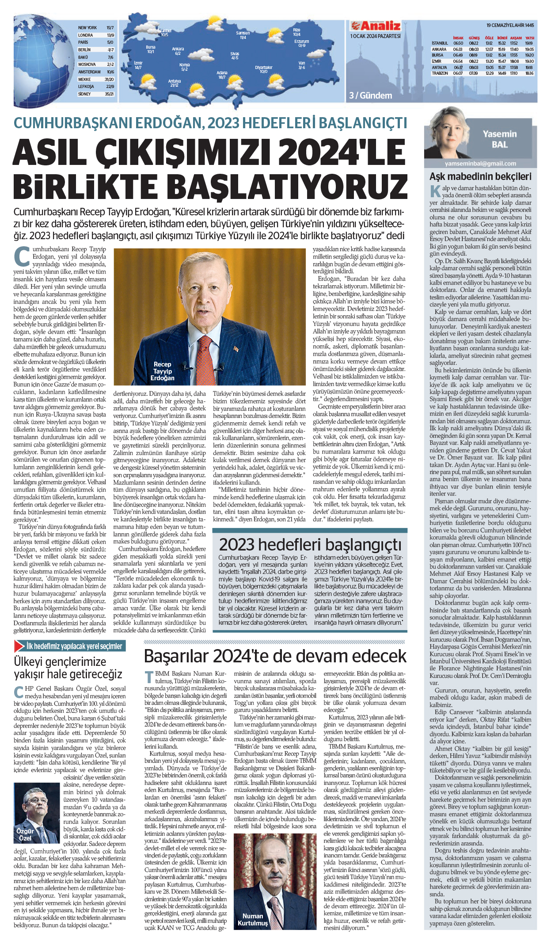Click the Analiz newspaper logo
375,26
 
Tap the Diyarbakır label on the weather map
263,68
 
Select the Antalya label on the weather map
175,81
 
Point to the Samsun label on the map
243,33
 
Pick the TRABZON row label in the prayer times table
440,73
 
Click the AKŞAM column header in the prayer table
516,38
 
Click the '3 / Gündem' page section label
370,96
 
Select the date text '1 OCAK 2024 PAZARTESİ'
375,36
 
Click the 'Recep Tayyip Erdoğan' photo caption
162,371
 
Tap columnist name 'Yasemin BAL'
499,139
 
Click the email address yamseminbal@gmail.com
480,164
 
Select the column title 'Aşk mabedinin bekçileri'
480,177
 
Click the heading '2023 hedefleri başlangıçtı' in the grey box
310,544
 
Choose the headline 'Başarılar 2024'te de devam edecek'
275,656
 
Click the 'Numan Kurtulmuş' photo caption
252,919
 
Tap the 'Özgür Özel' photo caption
25,834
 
